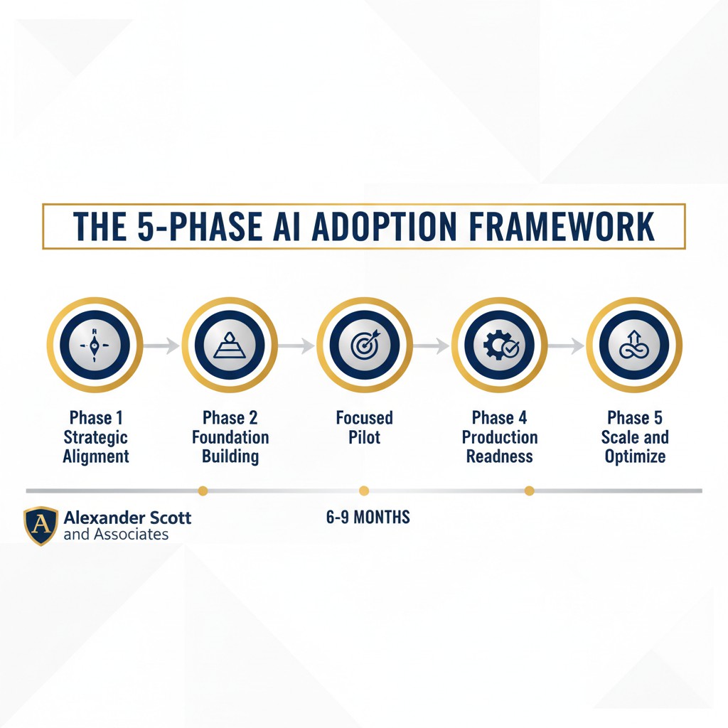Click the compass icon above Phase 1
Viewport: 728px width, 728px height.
click(x=95, y=346)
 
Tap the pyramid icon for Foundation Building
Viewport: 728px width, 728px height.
click(x=230, y=346)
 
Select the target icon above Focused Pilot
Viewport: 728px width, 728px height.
click(x=365, y=345)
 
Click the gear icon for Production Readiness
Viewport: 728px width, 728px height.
click(x=500, y=345)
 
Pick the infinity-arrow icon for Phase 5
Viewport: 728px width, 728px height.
click(x=634, y=345)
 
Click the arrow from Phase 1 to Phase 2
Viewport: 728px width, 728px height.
click(x=161, y=346)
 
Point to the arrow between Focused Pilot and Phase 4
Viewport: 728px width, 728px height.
click(x=431, y=346)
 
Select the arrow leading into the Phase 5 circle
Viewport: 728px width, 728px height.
click(x=566, y=346)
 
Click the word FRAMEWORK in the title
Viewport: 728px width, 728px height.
click(x=562, y=227)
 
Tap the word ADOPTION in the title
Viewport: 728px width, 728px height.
click(x=384, y=227)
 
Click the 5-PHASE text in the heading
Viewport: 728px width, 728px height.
click(x=200, y=227)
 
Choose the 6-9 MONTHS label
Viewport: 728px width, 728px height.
click(x=368, y=517)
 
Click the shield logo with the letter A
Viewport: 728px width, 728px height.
click(x=41, y=525)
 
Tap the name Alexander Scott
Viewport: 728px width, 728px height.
click(x=127, y=518)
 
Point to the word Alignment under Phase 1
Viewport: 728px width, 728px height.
click(x=96, y=456)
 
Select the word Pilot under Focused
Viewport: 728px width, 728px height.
click(x=365, y=437)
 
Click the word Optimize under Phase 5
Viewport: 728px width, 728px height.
click(x=635, y=456)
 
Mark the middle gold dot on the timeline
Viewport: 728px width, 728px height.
click(x=364, y=491)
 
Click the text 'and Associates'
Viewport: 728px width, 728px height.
click(x=116, y=535)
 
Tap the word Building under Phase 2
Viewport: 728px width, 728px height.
click(x=230, y=456)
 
